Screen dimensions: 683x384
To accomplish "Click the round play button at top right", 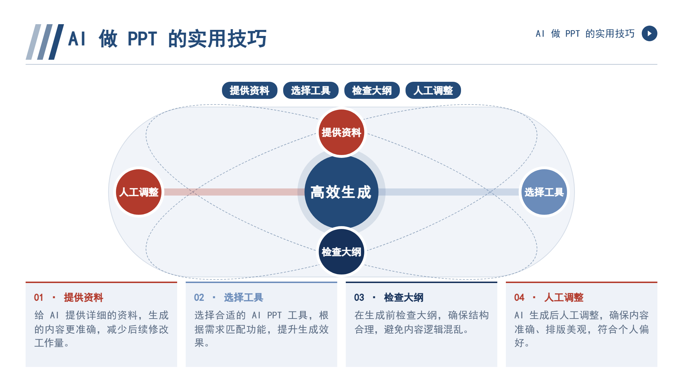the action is [649, 33].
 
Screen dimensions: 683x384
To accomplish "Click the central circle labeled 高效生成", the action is [341, 192].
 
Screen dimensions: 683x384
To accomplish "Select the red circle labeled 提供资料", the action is [341, 132].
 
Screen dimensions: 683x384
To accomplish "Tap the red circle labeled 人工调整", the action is [139, 192].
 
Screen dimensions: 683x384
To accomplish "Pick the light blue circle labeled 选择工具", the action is [544, 192].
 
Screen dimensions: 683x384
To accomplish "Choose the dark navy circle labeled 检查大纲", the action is [341, 252].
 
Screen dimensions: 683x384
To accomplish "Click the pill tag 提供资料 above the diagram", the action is [249, 90].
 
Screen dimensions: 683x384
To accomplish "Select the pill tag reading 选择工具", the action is [311, 90].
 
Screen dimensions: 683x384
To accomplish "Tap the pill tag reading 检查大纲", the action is [372, 90].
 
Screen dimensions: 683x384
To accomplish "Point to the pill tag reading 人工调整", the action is [433, 90].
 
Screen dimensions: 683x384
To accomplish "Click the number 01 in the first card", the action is [39, 298].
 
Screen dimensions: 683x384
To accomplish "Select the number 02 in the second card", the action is [199, 298].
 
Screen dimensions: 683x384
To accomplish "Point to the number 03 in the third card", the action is [359, 298].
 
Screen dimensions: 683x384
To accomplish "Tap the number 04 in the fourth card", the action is [519, 298].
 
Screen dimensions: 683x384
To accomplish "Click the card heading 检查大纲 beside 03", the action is [404, 298].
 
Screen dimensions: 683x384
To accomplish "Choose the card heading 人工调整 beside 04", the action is [564, 298].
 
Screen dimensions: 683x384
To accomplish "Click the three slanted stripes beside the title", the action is [45, 42].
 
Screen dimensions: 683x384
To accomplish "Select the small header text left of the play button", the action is [585, 33].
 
